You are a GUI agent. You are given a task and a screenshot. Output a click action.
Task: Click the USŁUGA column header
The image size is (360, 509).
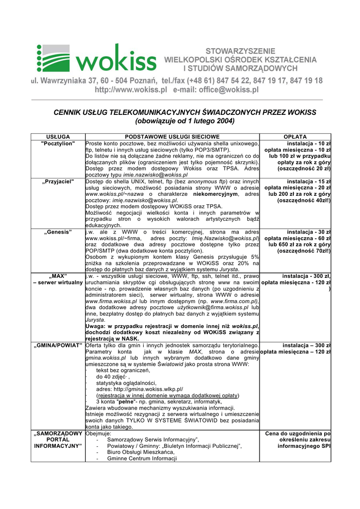click(58, 137)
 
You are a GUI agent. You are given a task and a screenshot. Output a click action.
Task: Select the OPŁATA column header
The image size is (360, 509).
click(295, 137)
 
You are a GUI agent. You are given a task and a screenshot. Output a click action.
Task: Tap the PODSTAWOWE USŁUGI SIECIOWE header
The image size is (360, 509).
click(172, 137)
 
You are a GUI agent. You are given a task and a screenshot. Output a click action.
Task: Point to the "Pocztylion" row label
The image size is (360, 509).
click(58, 144)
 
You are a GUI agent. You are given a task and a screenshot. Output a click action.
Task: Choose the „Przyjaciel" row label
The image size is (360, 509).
click(59, 181)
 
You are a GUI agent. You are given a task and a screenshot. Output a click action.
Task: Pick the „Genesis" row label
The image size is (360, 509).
click(59, 232)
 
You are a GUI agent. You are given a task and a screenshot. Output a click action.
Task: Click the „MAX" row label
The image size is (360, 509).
click(58, 276)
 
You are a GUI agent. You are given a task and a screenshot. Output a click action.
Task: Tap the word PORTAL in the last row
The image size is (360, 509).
click(58, 440)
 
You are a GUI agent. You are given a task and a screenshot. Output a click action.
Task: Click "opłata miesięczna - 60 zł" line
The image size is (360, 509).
click(298, 239)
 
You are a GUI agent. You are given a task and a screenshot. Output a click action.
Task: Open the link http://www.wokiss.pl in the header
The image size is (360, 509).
click(131, 90)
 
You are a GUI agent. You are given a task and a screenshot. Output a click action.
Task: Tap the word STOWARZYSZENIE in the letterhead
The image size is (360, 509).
click(240, 51)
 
